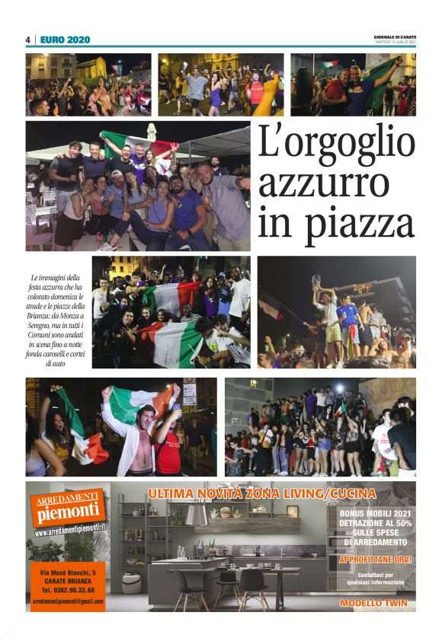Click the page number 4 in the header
click(27, 40)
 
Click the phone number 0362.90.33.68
click(68, 589)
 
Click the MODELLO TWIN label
click(373, 603)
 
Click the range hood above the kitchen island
click(197, 515)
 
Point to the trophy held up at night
click(317, 281)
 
